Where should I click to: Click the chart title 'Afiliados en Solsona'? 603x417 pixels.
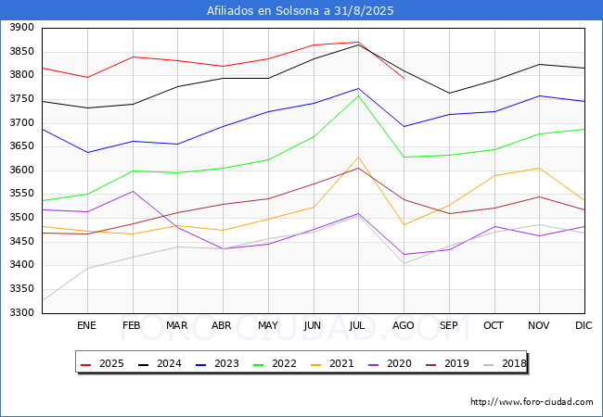point(301,11)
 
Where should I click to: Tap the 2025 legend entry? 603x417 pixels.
point(104,363)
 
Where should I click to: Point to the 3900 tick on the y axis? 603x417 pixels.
point(21,28)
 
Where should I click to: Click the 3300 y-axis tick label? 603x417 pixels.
point(21,312)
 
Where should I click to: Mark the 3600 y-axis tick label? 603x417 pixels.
point(21,171)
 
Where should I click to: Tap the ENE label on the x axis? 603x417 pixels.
point(86,325)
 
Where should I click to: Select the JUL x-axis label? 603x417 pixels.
point(358,325)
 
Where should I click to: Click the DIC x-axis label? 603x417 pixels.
point(584,325)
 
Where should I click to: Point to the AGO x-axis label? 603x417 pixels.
point(404,325)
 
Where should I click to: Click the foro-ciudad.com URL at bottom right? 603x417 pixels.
point(532,402)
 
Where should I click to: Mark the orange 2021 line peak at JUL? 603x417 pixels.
point(358,157)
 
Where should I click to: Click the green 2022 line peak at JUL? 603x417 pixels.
point(358,95)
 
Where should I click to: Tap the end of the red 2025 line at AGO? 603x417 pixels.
point(404,78)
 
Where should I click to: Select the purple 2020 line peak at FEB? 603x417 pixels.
point(132,191)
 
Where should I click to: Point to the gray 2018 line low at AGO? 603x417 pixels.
point(404,263)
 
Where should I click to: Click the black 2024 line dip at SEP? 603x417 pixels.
point(449,93)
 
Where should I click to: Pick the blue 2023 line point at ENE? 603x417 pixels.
point(86,152)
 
